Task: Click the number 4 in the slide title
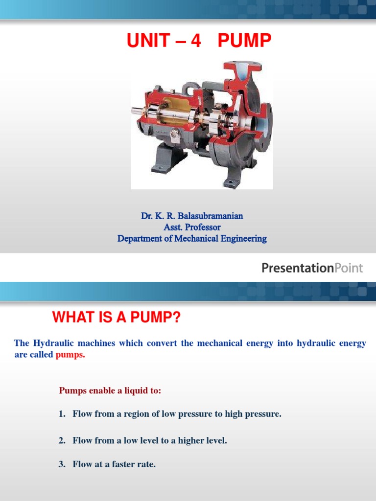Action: tap(196, 41)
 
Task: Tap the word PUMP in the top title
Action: tap(244, 41)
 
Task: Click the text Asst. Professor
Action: tap(192, 228)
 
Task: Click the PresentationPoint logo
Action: tap(312, 268)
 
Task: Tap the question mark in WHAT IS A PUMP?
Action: tap(177, 319)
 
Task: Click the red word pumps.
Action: tap(70, 355)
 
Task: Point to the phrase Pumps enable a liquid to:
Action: tap(110, 390)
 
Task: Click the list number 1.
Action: tap(61, 414)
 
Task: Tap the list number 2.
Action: tap(61, 441)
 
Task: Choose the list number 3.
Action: tap(61, 464)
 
